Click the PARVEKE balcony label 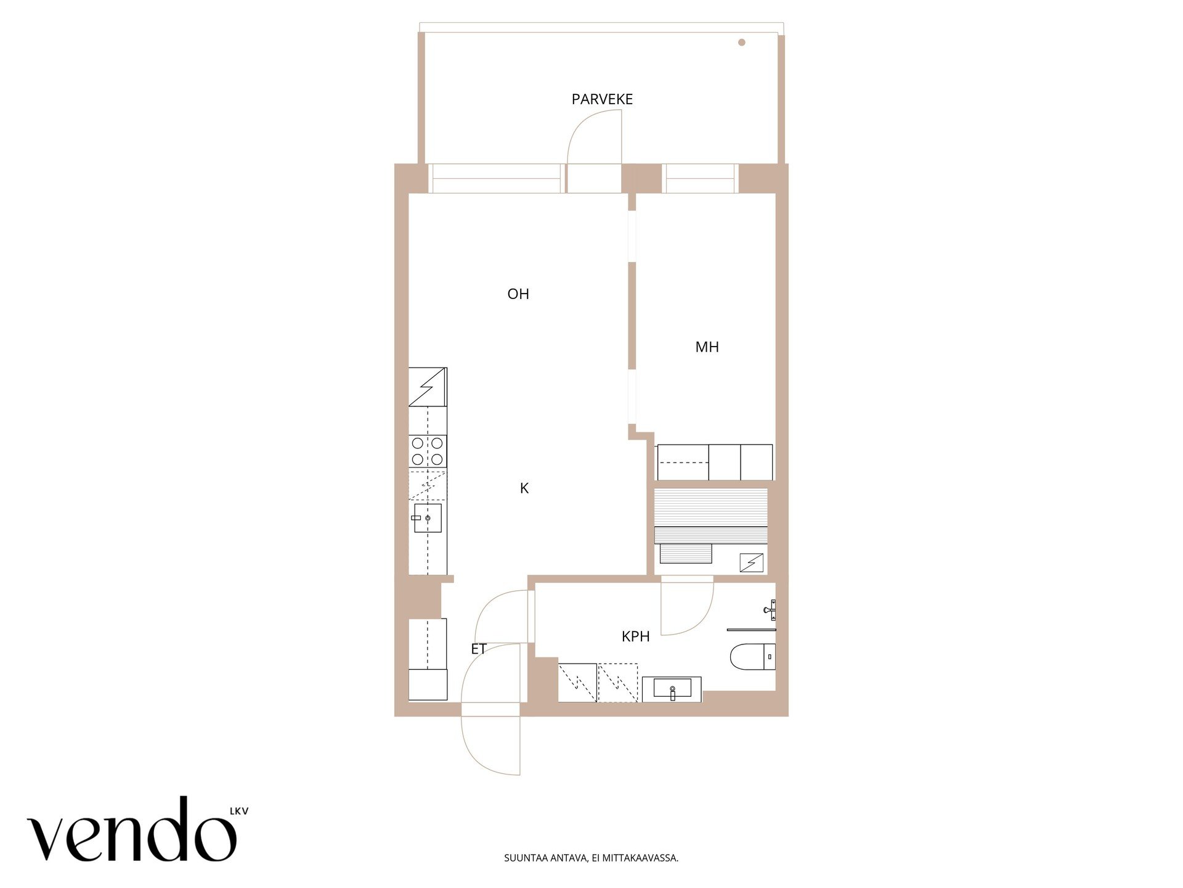(x=602, y=99)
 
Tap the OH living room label (x=518, y=294)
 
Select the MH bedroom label (x=707, y=347)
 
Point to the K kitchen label (x=524, y=488)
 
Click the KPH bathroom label (x=635, y=636)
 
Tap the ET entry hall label (x=479, y=649)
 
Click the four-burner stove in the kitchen (x=428, y=451)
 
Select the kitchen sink (x=427, y=518)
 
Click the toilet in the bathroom (x=752, y=657)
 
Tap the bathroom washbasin (x=672, y=689)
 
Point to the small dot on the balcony (x=742, y=43)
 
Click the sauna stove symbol (x=752, y=562)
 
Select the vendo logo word (x=132, y=830)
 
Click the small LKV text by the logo (x=239, y=812)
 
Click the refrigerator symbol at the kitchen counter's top (x=428, y=387)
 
